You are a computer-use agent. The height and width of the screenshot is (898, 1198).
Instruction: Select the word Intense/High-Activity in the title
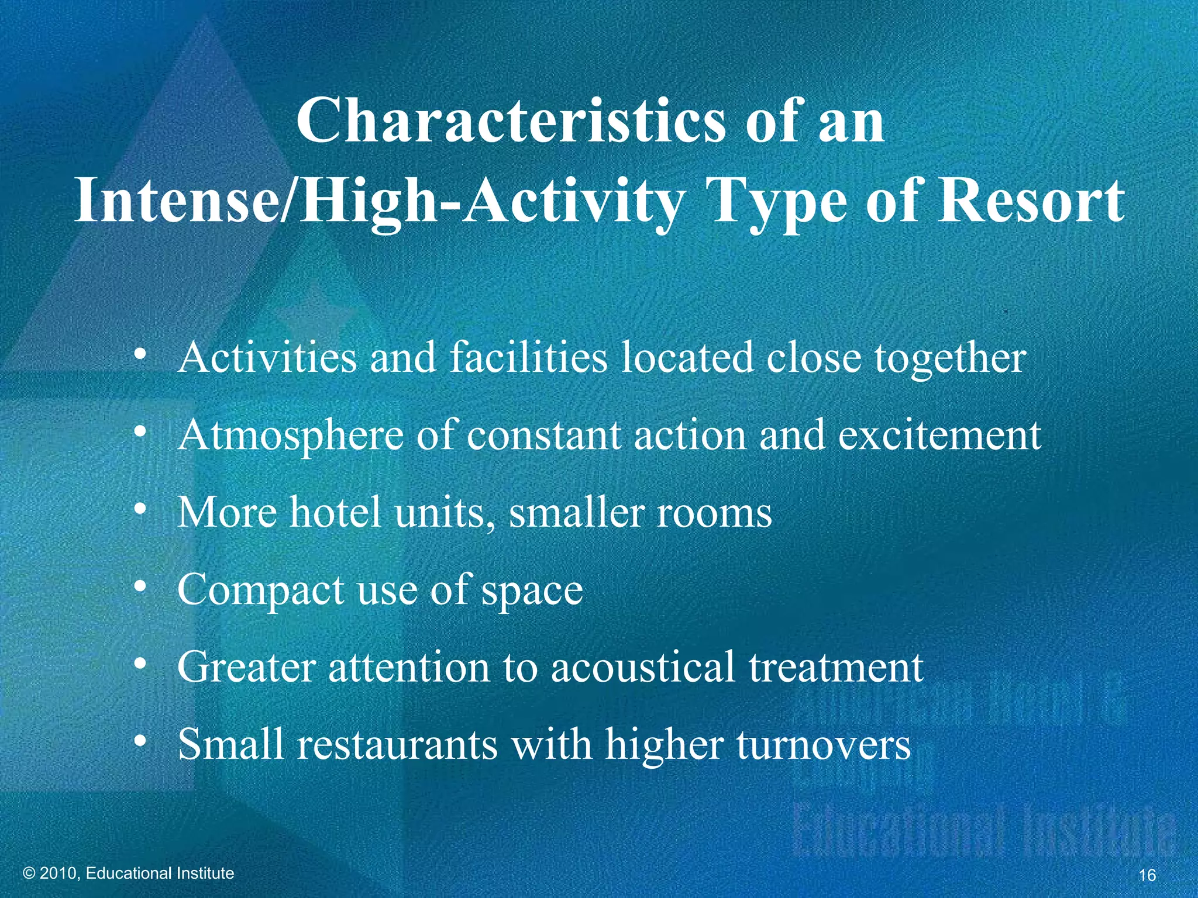(378, 202)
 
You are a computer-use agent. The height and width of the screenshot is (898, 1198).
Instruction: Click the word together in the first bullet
(950, 358)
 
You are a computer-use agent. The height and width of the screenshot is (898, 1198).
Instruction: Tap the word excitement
(939, 436)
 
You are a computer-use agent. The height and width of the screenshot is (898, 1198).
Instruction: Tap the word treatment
(836, 667)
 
